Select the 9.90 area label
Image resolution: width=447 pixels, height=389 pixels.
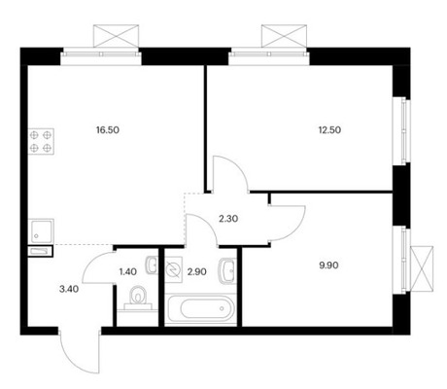point(318,260)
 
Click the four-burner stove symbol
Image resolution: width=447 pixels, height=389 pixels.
point(42,142)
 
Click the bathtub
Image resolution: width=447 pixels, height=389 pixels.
point(199,310)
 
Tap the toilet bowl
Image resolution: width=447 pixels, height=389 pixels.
point(139,299)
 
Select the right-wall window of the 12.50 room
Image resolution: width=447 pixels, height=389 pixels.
point(396,124)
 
